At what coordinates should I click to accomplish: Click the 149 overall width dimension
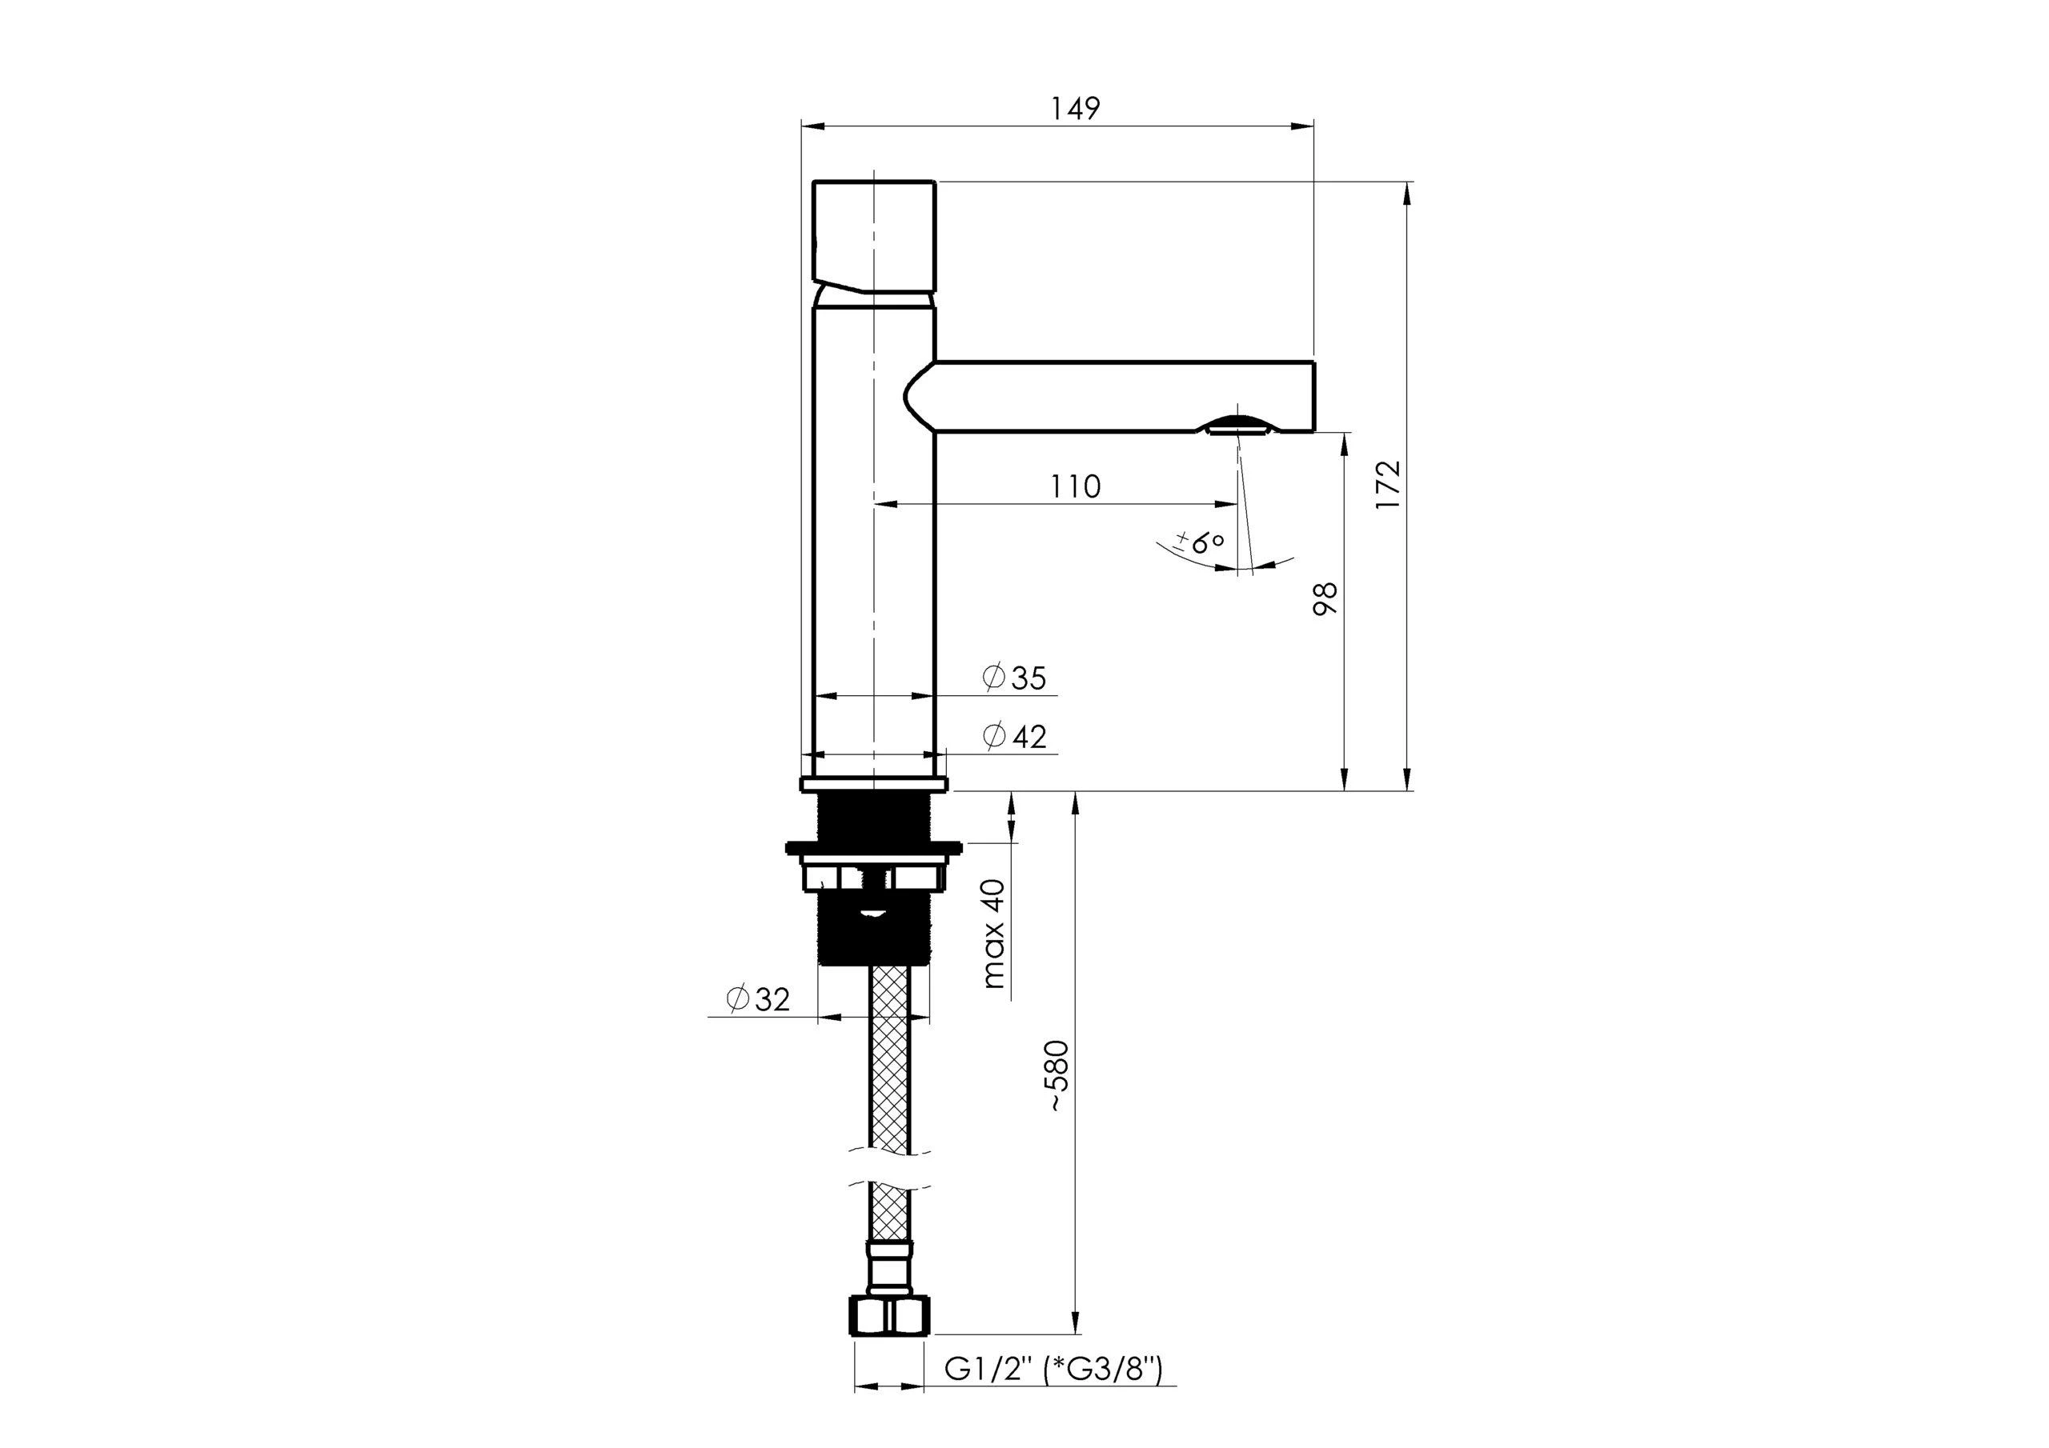click(1074, 108)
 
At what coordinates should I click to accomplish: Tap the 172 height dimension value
click(1388, 486)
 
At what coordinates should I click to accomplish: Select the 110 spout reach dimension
click(1074, 486)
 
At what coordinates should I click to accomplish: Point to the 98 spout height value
click(1325, 598)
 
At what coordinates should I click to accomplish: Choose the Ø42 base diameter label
click(1014, 736)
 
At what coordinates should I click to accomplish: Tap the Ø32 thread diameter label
click(759, 999)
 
